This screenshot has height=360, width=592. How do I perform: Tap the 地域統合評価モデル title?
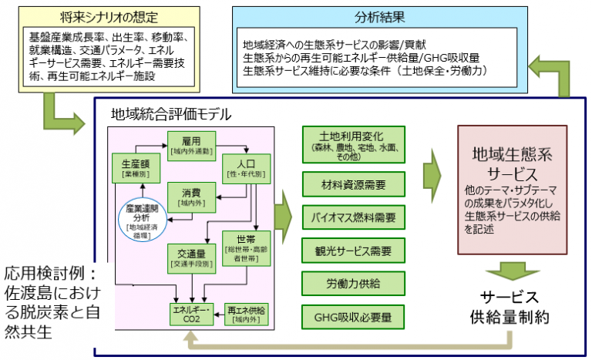coord(171,116)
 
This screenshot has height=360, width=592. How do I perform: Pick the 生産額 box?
coord(135,168)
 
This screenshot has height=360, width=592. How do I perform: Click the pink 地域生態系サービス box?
coord(513,190)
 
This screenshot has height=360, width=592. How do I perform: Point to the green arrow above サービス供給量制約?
coord(513,272)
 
